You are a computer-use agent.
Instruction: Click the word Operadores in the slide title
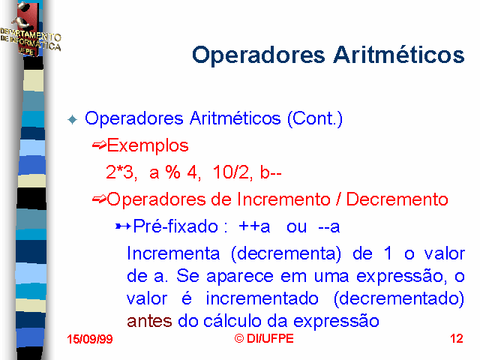(259, 55)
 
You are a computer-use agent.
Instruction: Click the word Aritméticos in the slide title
(399, 55)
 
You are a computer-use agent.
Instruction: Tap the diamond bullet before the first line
(73, 119)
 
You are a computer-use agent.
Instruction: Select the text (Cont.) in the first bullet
(315, 118)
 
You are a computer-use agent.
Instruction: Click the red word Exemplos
(148, 145)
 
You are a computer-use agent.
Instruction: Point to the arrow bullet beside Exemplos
(99, 145)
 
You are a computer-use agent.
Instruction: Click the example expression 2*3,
(121, 172)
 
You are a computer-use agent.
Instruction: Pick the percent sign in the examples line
(173, 172)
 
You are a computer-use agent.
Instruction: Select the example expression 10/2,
(233, 172)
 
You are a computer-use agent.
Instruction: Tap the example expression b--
(271, 172)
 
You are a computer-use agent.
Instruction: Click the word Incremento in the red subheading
(283, 199)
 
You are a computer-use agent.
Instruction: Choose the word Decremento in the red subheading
(397, 199)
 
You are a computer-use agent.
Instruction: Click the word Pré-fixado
(175, 226)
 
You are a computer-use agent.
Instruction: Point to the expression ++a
(254, 227)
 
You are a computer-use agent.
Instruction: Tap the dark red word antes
(149, 322)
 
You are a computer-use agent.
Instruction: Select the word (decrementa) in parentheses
(286, 253)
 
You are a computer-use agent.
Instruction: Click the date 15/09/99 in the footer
(90, 339)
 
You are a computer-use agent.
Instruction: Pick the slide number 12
(457, 338)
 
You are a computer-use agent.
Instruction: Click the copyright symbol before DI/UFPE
(239, 338)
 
